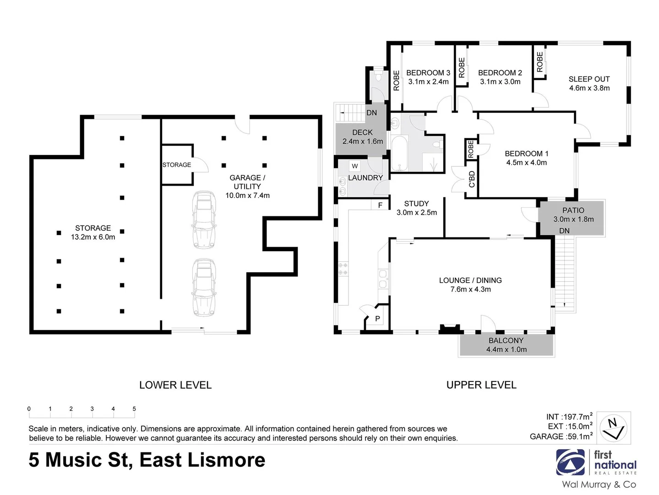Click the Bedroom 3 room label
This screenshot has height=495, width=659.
point(428,73)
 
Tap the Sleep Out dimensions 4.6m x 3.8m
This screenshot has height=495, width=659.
point(589,88)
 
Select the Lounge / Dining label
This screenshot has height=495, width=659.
point(470,280)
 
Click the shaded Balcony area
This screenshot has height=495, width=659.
point(506,345)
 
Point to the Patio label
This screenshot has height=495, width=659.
point(573,210)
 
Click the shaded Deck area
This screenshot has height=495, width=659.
point(362,137)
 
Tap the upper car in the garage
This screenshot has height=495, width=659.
point(204,213)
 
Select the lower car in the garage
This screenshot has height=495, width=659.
point(204,287)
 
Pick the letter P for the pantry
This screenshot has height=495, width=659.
point(377,319)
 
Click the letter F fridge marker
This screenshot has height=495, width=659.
point(380,205)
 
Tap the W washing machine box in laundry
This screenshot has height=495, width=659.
point(355,166)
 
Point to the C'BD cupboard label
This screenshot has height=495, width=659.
point(472,179)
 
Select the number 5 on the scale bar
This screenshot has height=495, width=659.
point(134,409)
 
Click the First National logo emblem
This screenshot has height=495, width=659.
point(571,462)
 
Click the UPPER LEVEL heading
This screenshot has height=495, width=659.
point(481,385)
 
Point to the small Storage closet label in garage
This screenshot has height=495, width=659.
point(176,165)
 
